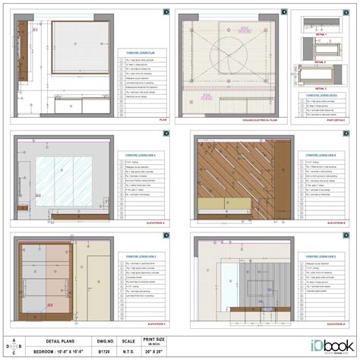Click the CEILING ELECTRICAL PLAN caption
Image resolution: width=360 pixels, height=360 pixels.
257,120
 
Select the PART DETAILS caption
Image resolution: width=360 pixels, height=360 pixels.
336,120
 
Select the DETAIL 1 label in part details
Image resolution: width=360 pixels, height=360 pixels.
321,36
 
